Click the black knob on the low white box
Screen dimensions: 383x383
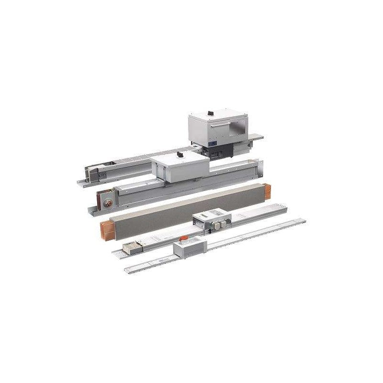180,156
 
